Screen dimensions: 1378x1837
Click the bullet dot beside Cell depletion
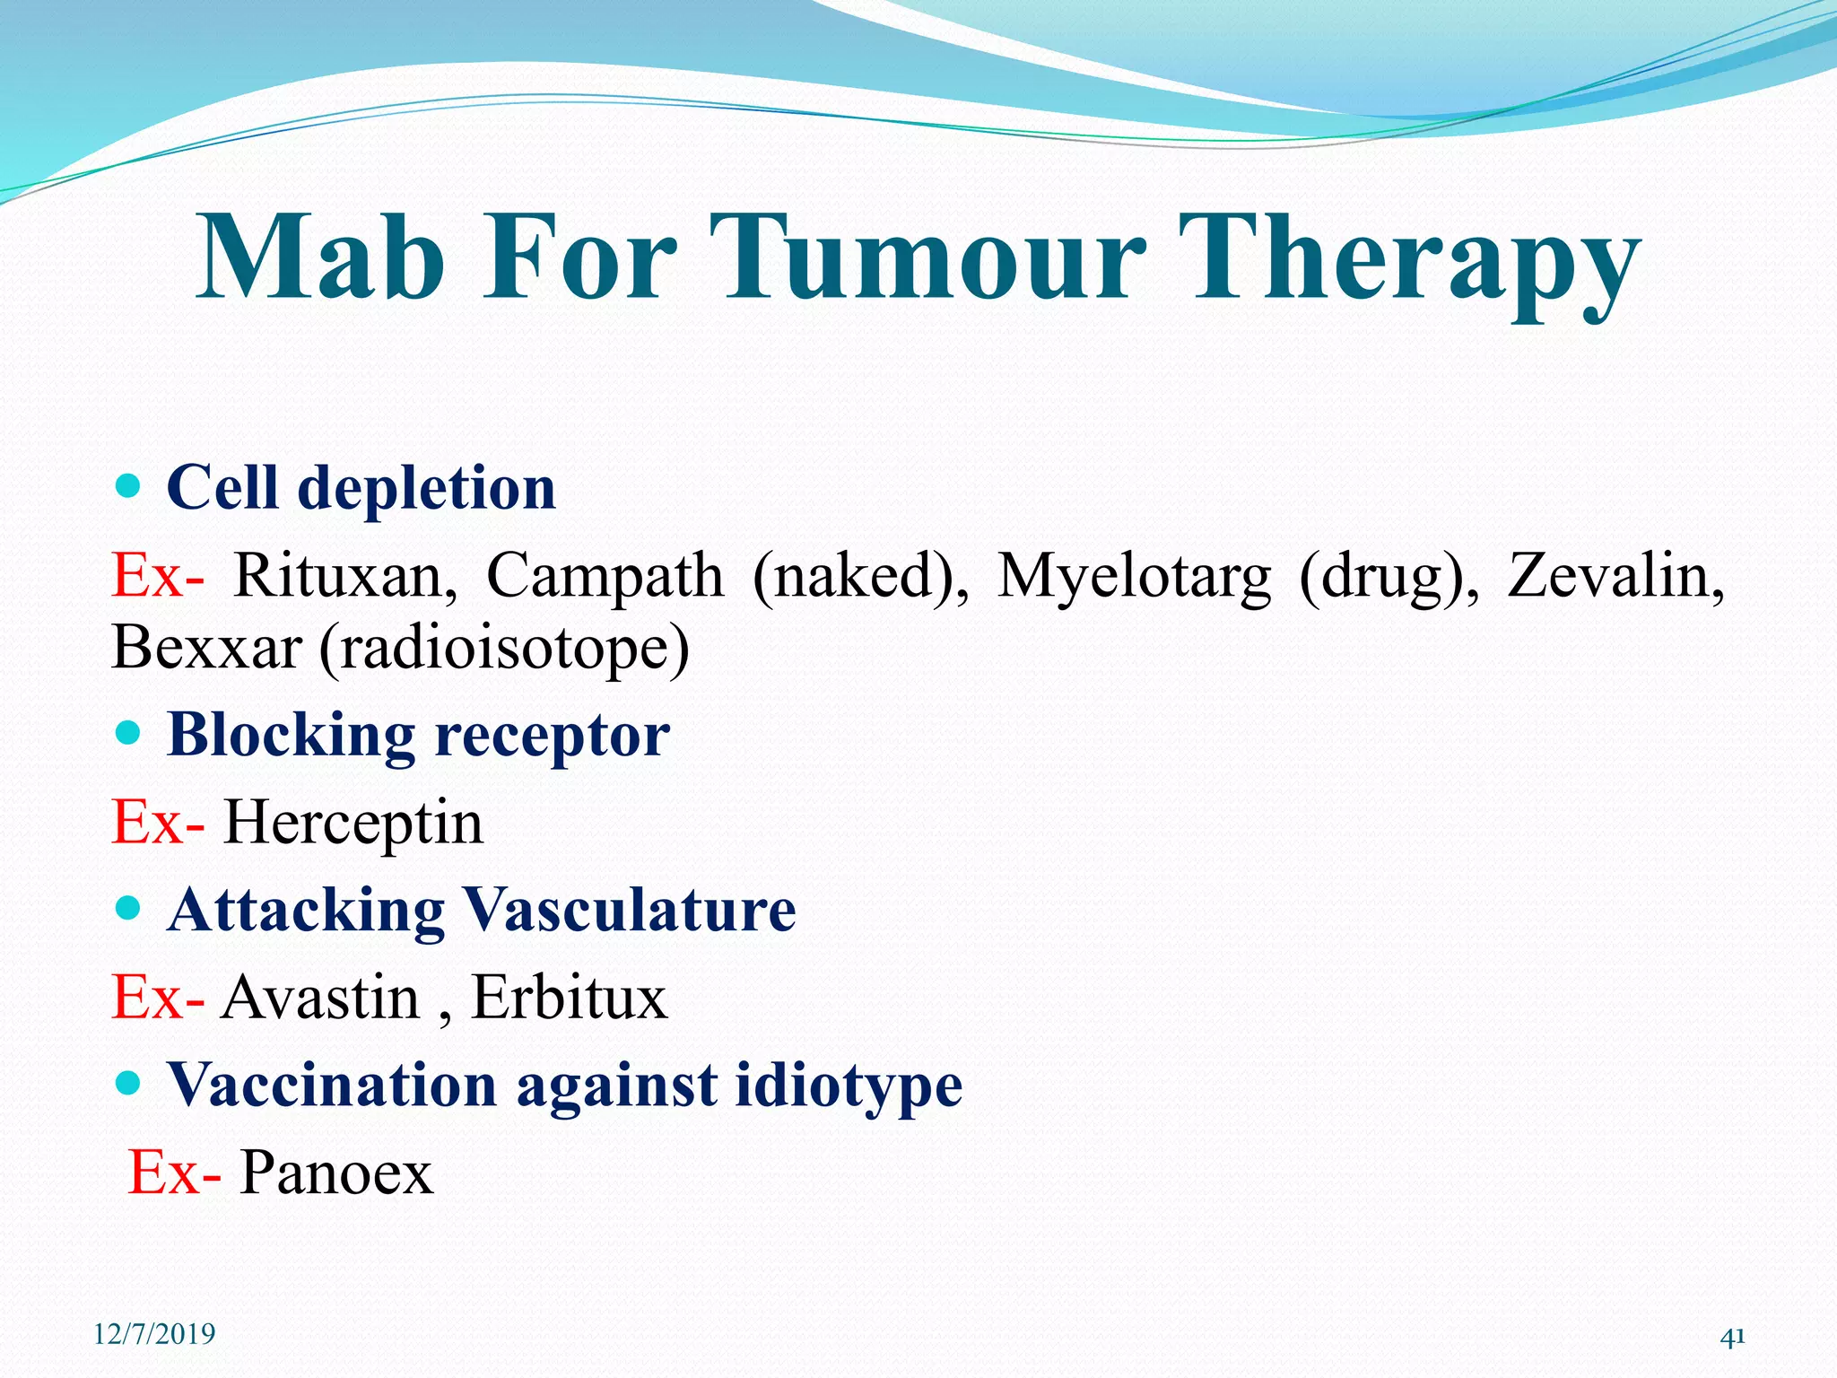coord(129,487)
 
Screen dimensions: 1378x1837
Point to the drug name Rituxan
coord(344,575)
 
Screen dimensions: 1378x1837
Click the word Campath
coord(605,577)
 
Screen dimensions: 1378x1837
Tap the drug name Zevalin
coord(1615,575)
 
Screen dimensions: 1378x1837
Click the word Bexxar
coord(206,647)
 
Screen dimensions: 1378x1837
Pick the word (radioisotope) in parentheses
coord(504,649)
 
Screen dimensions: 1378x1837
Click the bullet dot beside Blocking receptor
coord(129,735)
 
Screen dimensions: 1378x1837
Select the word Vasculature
coord(630,910)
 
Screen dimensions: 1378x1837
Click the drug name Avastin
coord(320,997)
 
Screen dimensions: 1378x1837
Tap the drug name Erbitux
coord(570,997)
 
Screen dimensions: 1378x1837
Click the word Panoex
coord(336,1172)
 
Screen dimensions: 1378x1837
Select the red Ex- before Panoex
coord(173,1172)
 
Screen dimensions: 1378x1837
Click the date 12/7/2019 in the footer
coord(154,1334)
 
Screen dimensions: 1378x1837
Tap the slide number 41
coord(1732,1338)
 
